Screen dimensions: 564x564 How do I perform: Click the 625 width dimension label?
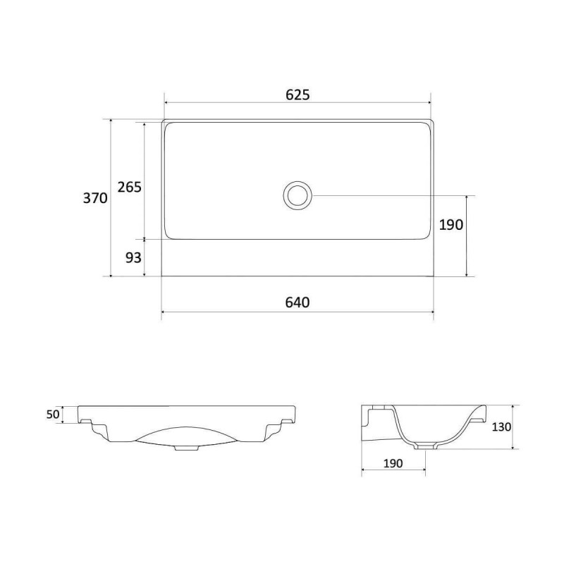(x=298, y=94)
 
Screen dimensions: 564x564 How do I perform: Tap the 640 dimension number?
(x=298, y=302)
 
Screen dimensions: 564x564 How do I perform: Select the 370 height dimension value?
(x=95, y=198)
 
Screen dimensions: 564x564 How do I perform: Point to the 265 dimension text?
(x=130, y=187)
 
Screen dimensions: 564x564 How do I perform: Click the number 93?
(x=133, y=257)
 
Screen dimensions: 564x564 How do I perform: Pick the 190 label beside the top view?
(x=451, y=225)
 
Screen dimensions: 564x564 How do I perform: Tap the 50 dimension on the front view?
(x=53, y=415)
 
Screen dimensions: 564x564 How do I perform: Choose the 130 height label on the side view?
(x=501, y=427)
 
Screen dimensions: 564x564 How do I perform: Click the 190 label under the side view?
(x=393, y=463)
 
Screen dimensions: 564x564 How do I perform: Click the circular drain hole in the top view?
(x=298, y=195)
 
